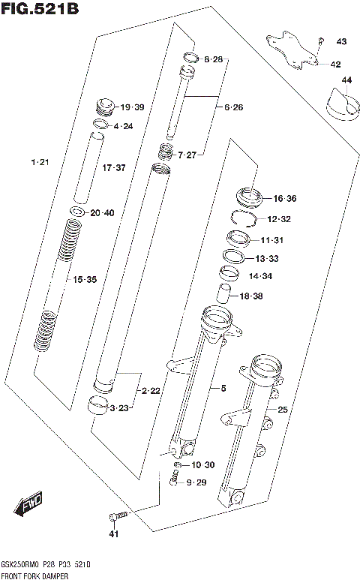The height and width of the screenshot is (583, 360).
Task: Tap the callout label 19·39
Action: pos(132,107)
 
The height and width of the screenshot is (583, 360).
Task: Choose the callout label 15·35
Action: pos(84,280)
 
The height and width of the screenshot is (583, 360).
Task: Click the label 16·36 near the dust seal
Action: pos(285,199)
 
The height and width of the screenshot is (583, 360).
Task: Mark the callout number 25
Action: pos(283,410)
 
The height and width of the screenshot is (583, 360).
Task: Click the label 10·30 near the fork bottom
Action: pos(202,466)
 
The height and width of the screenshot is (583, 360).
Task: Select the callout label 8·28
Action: pos(213,59)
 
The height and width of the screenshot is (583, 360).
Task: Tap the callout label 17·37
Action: pos(114,168)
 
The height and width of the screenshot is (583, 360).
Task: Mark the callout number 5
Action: pos(223,388)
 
